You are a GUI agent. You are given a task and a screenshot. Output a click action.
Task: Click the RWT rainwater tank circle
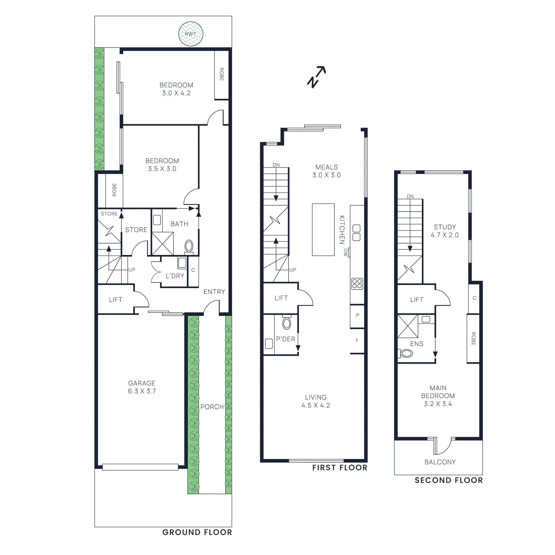coord(190,34)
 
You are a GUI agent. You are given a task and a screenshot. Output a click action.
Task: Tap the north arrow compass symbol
coord(316,77)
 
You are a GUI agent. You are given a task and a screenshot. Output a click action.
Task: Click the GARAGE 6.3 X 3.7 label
coord(142,387)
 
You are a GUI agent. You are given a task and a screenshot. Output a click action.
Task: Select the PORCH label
coord(212,407)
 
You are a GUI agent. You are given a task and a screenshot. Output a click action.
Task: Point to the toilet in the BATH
coord(189,246)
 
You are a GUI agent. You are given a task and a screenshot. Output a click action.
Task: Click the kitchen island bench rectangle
coord(323,230)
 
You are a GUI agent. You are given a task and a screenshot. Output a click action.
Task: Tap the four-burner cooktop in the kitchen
coord(357,284)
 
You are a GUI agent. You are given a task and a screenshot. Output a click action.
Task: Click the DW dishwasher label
coord(345,252)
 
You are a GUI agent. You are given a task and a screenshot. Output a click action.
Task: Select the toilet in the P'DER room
coord(287,323)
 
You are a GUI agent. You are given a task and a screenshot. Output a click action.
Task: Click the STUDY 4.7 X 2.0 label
coord(444,231)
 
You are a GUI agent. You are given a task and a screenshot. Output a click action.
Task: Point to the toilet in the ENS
coord(406,353)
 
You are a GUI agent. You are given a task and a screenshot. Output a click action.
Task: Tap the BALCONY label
coord(440,462)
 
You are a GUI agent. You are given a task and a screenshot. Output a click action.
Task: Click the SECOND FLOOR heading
coord(449,480)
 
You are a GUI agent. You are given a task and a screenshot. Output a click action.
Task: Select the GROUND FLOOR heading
coord(197,532)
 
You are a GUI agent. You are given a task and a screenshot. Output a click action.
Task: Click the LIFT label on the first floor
coord(281,298)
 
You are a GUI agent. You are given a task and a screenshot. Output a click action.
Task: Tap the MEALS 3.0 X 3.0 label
coord(326,171)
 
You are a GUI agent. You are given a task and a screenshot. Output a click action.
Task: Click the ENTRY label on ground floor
coord(214,292)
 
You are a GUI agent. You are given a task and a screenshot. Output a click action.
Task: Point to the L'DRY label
coord(174,276)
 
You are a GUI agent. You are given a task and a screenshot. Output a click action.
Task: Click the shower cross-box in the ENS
coord(408,326)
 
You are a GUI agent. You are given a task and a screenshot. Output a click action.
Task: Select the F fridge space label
coord(357,341)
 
